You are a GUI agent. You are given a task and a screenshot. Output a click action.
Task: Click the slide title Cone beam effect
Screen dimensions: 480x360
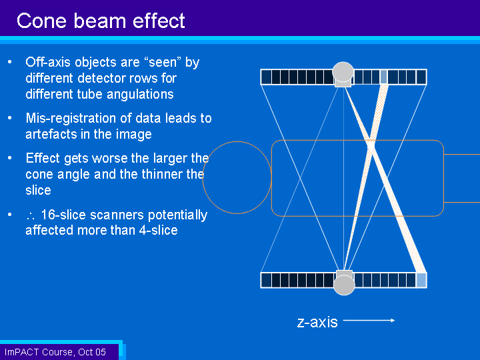[101, 21]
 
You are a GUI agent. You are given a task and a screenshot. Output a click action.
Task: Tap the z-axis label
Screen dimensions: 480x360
[317, 322]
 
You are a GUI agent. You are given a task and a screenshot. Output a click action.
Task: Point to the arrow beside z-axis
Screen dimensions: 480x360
[369, 321]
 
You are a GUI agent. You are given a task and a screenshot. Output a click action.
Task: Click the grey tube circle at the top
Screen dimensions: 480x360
[343, 71]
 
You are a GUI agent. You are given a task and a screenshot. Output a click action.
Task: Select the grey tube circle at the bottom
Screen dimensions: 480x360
[344, 285]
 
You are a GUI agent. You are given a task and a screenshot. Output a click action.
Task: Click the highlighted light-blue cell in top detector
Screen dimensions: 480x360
[383, 77]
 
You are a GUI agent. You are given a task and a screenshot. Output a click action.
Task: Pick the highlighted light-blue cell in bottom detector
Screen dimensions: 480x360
[421, 281]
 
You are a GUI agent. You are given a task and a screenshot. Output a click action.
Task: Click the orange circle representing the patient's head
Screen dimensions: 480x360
[203, 177]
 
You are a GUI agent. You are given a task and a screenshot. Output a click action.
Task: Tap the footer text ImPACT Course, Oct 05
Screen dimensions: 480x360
[55, 352]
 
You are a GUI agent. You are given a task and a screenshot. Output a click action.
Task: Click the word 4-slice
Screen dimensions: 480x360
[158, 230]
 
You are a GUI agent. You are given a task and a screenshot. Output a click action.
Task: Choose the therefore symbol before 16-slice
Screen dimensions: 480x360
[31, 216]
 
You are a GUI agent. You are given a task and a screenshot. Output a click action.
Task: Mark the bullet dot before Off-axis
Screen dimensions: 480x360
[10, 62]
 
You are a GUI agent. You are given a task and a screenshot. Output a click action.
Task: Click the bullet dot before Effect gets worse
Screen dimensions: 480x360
[10, 158]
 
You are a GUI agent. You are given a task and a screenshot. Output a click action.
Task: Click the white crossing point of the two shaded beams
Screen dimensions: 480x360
[371, 145]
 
